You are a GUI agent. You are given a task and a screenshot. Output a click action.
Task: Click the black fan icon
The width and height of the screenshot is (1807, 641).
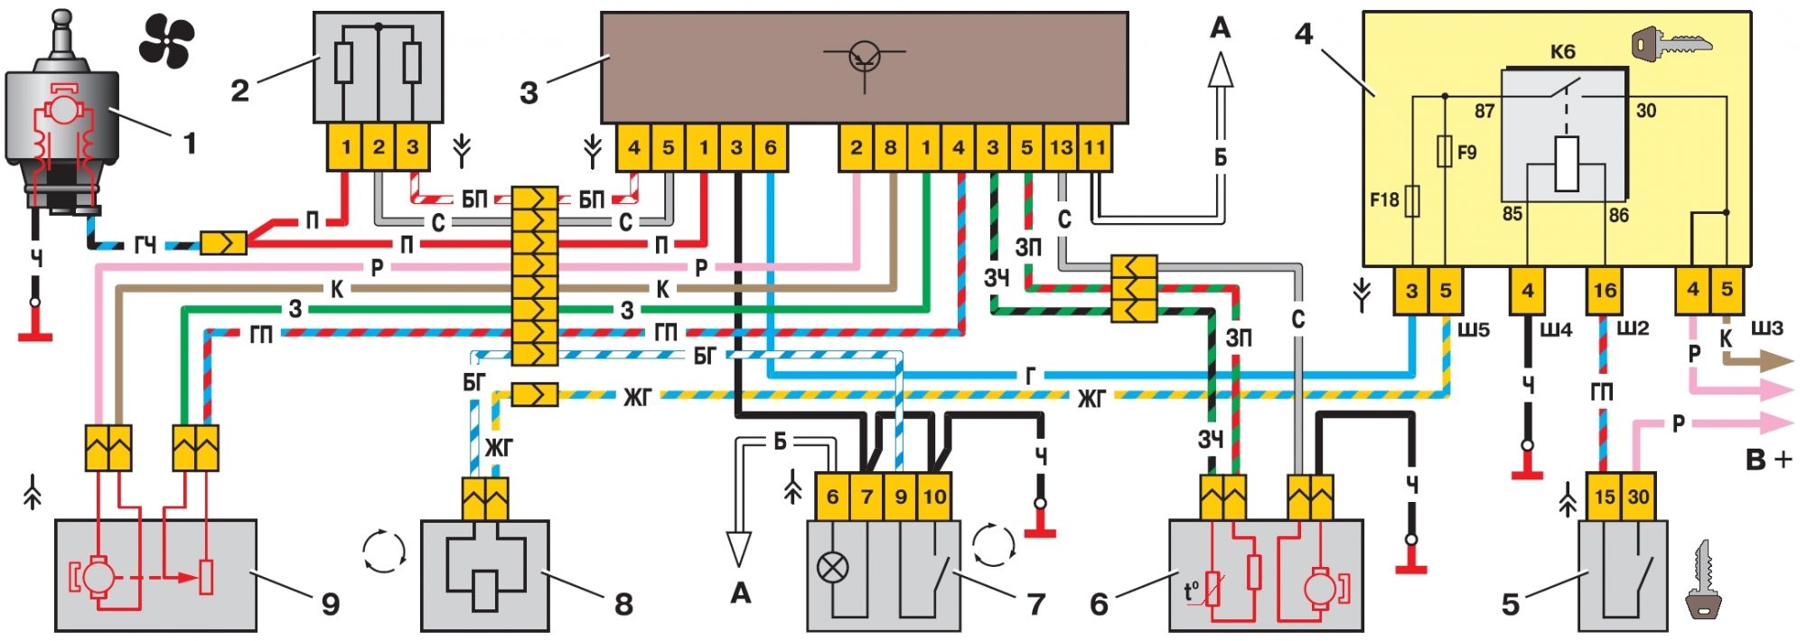point(166,42)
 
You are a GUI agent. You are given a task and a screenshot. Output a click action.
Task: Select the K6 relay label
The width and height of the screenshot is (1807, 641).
point(1562,51)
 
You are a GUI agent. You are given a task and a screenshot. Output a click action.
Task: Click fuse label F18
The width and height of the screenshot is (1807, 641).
point(1383,200)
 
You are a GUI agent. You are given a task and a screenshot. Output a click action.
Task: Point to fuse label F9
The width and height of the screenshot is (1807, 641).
point(1466,153)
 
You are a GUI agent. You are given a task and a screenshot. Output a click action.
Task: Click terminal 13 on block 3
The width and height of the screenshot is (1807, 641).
point(1061,147)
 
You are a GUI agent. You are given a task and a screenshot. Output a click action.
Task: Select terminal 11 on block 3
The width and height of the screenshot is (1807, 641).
point(1094,147)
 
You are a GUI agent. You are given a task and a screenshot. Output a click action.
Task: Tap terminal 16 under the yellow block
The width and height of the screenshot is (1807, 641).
point(1605,291)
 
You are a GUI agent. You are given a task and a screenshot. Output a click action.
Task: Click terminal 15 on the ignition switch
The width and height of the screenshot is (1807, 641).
point(1605,497)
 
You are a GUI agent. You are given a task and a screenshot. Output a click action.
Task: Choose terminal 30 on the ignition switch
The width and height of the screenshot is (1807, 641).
point(1638,497)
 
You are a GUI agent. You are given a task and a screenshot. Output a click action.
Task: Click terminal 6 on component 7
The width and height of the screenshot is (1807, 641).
point(832,497)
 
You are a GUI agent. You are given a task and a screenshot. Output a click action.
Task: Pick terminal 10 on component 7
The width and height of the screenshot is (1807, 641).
point(933,497)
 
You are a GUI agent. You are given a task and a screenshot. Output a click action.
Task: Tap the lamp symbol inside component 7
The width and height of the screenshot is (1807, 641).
point(832,568)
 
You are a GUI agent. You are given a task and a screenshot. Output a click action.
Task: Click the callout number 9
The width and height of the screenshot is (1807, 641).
point(331,603)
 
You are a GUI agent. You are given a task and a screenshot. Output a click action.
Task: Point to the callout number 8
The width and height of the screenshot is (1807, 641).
point(623,603)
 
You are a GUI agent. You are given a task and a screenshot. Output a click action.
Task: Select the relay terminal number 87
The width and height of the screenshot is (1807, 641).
point(1484,111)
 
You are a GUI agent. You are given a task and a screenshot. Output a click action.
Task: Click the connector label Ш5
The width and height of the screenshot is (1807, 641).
point(1474,330)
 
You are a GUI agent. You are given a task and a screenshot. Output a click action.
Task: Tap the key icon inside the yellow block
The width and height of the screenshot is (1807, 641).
point(1671,42)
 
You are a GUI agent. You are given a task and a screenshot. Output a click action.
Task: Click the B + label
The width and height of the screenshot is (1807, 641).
point(1768,460)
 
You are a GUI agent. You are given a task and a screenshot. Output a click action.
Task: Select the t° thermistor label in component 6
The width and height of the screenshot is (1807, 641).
point(1192,591)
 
